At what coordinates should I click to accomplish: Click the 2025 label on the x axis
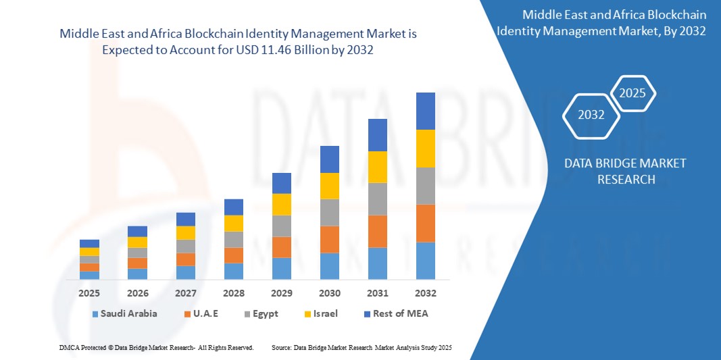coord(89,293)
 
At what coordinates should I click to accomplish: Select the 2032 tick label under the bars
coord(425,293)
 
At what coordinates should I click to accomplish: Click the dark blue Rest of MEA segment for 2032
coord(425,111)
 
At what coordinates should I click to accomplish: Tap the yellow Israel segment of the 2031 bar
coord(377,167)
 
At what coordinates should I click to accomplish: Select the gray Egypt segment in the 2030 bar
coord(329,212)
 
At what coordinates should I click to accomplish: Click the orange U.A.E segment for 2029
coord(281,247)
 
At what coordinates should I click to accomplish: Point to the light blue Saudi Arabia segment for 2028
coord(233,271)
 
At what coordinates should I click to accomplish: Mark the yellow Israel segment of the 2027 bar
coord(185,232)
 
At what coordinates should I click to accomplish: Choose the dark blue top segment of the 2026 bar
coord(137,231)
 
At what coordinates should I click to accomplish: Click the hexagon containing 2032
coord(591,115)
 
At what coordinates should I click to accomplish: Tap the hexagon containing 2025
coord(632,93)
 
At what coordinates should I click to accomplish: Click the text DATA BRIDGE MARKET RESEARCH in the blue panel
coord(616,172)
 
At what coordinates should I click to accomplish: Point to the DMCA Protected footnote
coord(155,347)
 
